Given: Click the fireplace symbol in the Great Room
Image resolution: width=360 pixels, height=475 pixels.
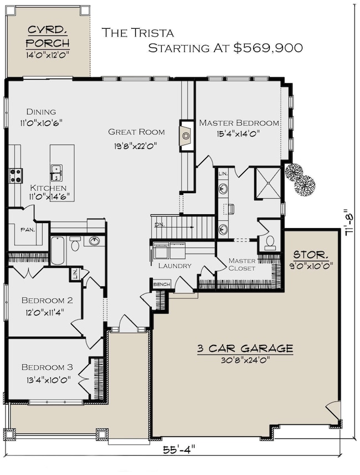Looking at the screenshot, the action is click(x=186, y=136).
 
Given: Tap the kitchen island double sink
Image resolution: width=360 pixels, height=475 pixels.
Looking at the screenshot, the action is click(x=56, y=173).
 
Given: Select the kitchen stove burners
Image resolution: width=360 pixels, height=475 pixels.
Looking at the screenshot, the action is click(x=16, y=175).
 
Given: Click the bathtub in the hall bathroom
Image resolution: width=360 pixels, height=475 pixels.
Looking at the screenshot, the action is click(x=58, y=251).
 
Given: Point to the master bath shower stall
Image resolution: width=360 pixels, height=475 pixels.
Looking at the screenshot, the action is click(x=268, y=183).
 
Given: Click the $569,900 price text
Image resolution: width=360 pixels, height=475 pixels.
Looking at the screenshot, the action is click(x=268, y=48).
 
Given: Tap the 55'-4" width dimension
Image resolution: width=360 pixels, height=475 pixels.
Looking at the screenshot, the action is click(x=178, y=449).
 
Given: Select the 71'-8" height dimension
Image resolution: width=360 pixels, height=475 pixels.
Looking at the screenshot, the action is click(x=349, y=222).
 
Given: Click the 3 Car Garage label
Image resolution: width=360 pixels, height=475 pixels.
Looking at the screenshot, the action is click(x=245, y=348).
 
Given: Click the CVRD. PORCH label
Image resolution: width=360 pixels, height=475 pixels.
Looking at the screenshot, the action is click(x=48, y=37).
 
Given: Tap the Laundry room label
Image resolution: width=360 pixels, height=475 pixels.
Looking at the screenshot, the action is click(x=175, y=266).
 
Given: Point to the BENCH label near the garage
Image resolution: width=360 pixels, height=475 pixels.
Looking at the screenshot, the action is click(x=162, y=284).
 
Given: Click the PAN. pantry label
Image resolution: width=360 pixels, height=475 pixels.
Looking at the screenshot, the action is click(x=28, y=230).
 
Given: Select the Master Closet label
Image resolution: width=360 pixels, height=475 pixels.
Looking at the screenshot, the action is click(x=242, y=265).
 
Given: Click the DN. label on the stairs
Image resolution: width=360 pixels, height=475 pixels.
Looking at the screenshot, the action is click(x=159, y=225).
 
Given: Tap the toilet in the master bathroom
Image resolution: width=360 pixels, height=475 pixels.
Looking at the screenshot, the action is click(x=269, y=242).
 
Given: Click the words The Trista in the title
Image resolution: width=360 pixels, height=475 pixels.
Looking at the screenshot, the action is click(x=137, y=33).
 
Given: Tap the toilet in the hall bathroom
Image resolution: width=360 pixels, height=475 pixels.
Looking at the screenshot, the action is click(x=75, y=244).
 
